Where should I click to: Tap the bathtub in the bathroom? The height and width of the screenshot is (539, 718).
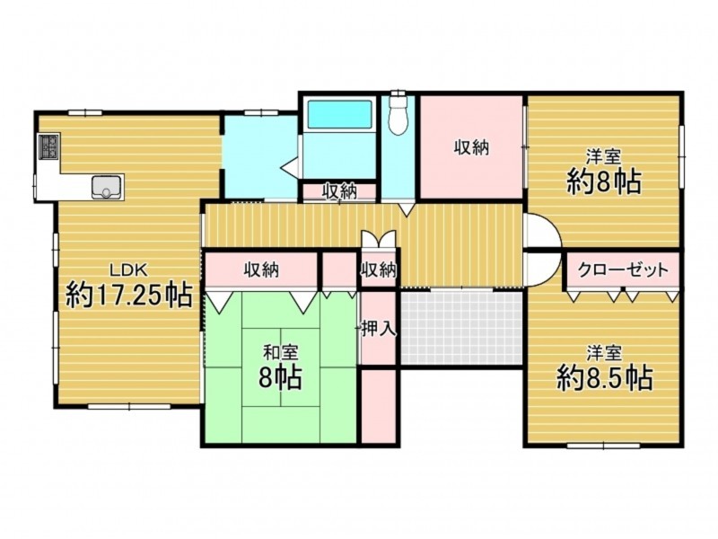pos(339,114)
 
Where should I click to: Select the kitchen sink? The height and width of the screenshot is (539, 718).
pos(108,187)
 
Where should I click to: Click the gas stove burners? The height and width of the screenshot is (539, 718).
pos(49,146)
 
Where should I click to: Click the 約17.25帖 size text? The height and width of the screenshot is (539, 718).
pos(128,296)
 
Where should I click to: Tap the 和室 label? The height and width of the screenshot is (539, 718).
pos(280,353)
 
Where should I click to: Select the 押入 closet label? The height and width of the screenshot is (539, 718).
pos(378,329)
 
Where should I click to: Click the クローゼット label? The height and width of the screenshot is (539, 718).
pos(623,269)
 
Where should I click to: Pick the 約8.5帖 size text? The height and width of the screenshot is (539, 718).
pos(604,377)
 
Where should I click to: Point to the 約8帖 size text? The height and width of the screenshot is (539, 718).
pos(604,182)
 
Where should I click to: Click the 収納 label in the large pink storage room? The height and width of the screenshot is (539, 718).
pos(472,147)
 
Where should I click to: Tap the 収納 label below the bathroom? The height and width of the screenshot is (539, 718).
pos(339,191)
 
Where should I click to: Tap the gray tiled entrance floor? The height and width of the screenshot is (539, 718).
pos(461,328)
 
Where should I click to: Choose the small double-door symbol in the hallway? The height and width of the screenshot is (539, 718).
pos(378,238)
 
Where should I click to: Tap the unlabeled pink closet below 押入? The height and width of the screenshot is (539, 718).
pos(378,407)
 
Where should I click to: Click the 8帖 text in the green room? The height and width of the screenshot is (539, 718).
pos(280,377)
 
